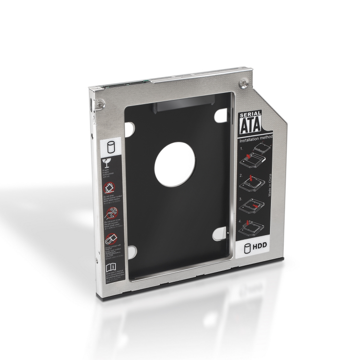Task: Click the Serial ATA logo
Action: (248, 124)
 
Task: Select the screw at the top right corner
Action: (244, 84)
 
